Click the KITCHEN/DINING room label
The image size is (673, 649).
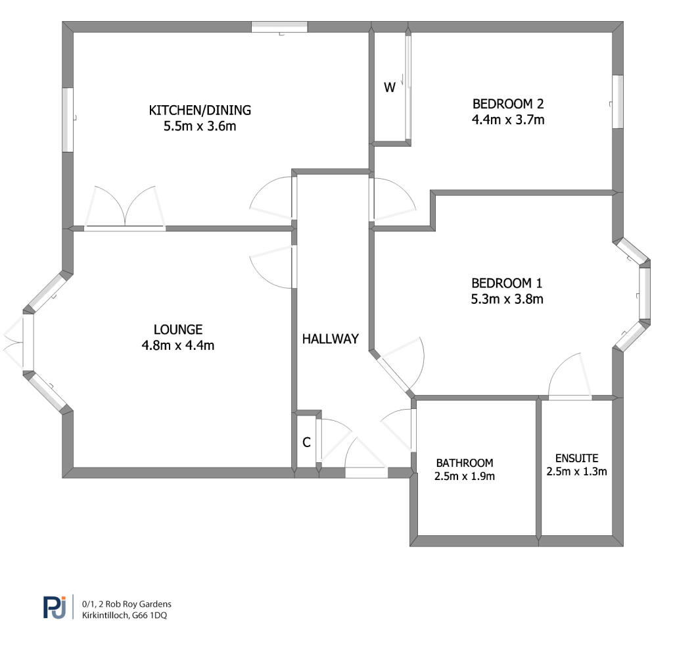tap(200, 110)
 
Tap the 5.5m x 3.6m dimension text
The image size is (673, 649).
tap(200, 126)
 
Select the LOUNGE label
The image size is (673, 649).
tap(178, 329)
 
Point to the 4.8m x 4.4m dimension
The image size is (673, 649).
tap(178, 345)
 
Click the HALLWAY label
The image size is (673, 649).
tap(331, 339)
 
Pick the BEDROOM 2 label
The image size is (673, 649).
tap(508, 104)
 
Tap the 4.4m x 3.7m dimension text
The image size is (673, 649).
tap(508, 120)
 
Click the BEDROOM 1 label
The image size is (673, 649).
tap(507, 283)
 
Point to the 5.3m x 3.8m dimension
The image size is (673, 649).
tap(507, 299)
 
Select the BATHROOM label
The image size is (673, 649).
tap(465, 463)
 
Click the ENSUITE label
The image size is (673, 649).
tap(577, 458)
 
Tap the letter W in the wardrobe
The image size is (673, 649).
tap(390, 87)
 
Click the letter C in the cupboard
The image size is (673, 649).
tap(306, 443)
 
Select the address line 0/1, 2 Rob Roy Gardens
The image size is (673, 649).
tap(127, 604)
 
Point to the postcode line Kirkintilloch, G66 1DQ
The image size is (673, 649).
tap(124, 615)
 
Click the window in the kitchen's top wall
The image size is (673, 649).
tap(279, 27)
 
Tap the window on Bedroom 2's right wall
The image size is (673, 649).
tap(618, 102)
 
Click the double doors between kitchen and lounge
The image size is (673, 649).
tap(124, 208)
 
